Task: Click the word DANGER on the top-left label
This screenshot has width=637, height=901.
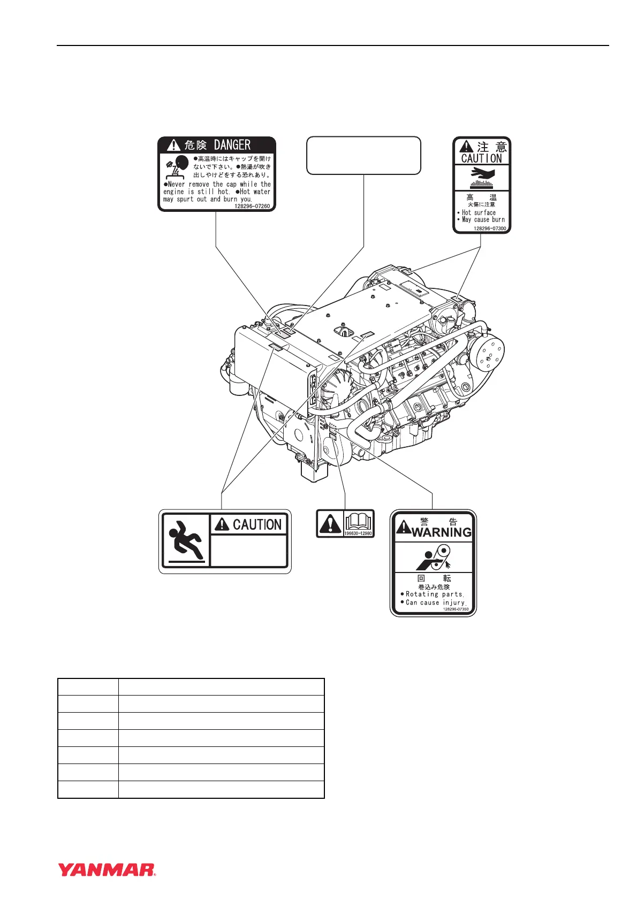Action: (232, 145)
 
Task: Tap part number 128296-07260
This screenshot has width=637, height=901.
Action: (252, 206)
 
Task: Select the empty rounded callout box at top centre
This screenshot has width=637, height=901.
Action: (363, 155)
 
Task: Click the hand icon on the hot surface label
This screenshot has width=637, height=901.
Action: (482, 173)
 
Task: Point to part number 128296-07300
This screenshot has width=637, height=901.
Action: (489, 228)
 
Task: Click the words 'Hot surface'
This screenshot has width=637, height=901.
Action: (479, 212)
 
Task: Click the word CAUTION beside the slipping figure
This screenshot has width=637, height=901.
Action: (257, 525)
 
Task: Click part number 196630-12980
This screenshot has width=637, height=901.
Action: (358, 533)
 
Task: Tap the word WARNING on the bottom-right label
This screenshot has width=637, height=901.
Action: (442, 532)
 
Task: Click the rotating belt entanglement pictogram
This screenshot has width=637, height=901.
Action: (434, 558)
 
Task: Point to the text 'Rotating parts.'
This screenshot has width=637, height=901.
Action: (435, 594)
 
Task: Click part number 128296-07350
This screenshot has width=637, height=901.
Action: (456, 609)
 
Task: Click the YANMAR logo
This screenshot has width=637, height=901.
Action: (107, 870)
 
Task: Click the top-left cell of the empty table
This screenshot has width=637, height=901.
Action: (88, 687)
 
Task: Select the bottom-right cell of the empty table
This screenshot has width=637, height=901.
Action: (221, 790)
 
